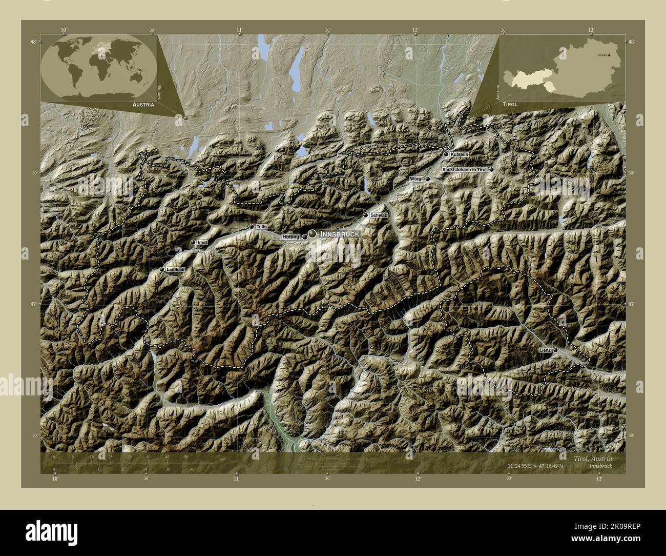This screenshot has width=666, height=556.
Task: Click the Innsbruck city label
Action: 339,234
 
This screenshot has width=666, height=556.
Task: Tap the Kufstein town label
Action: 460,154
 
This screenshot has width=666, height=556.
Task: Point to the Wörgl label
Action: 416,179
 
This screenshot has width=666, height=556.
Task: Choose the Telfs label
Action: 262,227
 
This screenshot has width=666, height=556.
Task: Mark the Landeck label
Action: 176,269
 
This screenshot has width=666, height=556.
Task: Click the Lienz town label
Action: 545,350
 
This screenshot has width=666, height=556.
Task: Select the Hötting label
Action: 290,237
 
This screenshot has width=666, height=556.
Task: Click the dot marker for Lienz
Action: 555,349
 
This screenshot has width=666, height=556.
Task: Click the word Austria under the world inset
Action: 143,104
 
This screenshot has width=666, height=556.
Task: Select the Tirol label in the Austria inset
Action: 510,104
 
